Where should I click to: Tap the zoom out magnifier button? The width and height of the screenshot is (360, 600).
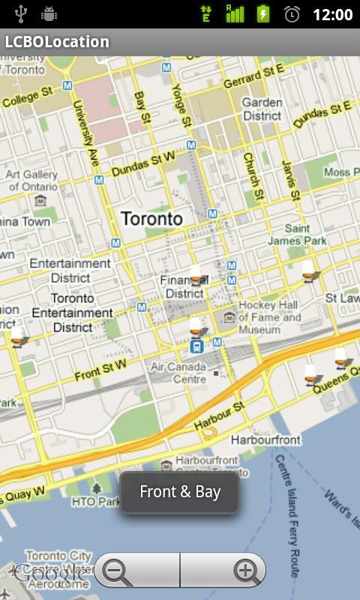point(116,572)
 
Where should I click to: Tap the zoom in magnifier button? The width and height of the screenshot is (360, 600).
point(244,572)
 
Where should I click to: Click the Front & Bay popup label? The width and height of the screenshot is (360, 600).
point(180,492)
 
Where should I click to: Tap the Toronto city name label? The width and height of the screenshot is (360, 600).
point(151,219)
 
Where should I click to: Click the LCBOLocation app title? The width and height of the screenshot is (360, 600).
point(57,42)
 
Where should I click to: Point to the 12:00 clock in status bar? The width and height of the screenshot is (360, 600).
point(332,14)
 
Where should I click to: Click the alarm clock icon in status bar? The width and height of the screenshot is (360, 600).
point(292,14)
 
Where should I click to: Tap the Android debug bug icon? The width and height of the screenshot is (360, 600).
point(49,14)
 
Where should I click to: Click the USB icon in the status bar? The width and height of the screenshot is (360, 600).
point(20,14)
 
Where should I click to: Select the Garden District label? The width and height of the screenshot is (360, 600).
point(262,109)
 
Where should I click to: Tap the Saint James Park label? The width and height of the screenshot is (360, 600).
point(298,235)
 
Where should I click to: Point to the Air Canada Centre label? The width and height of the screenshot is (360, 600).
point(178,373)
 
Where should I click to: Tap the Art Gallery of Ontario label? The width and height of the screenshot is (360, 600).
point(31,180)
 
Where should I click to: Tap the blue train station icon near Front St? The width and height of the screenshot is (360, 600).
point(196,346)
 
